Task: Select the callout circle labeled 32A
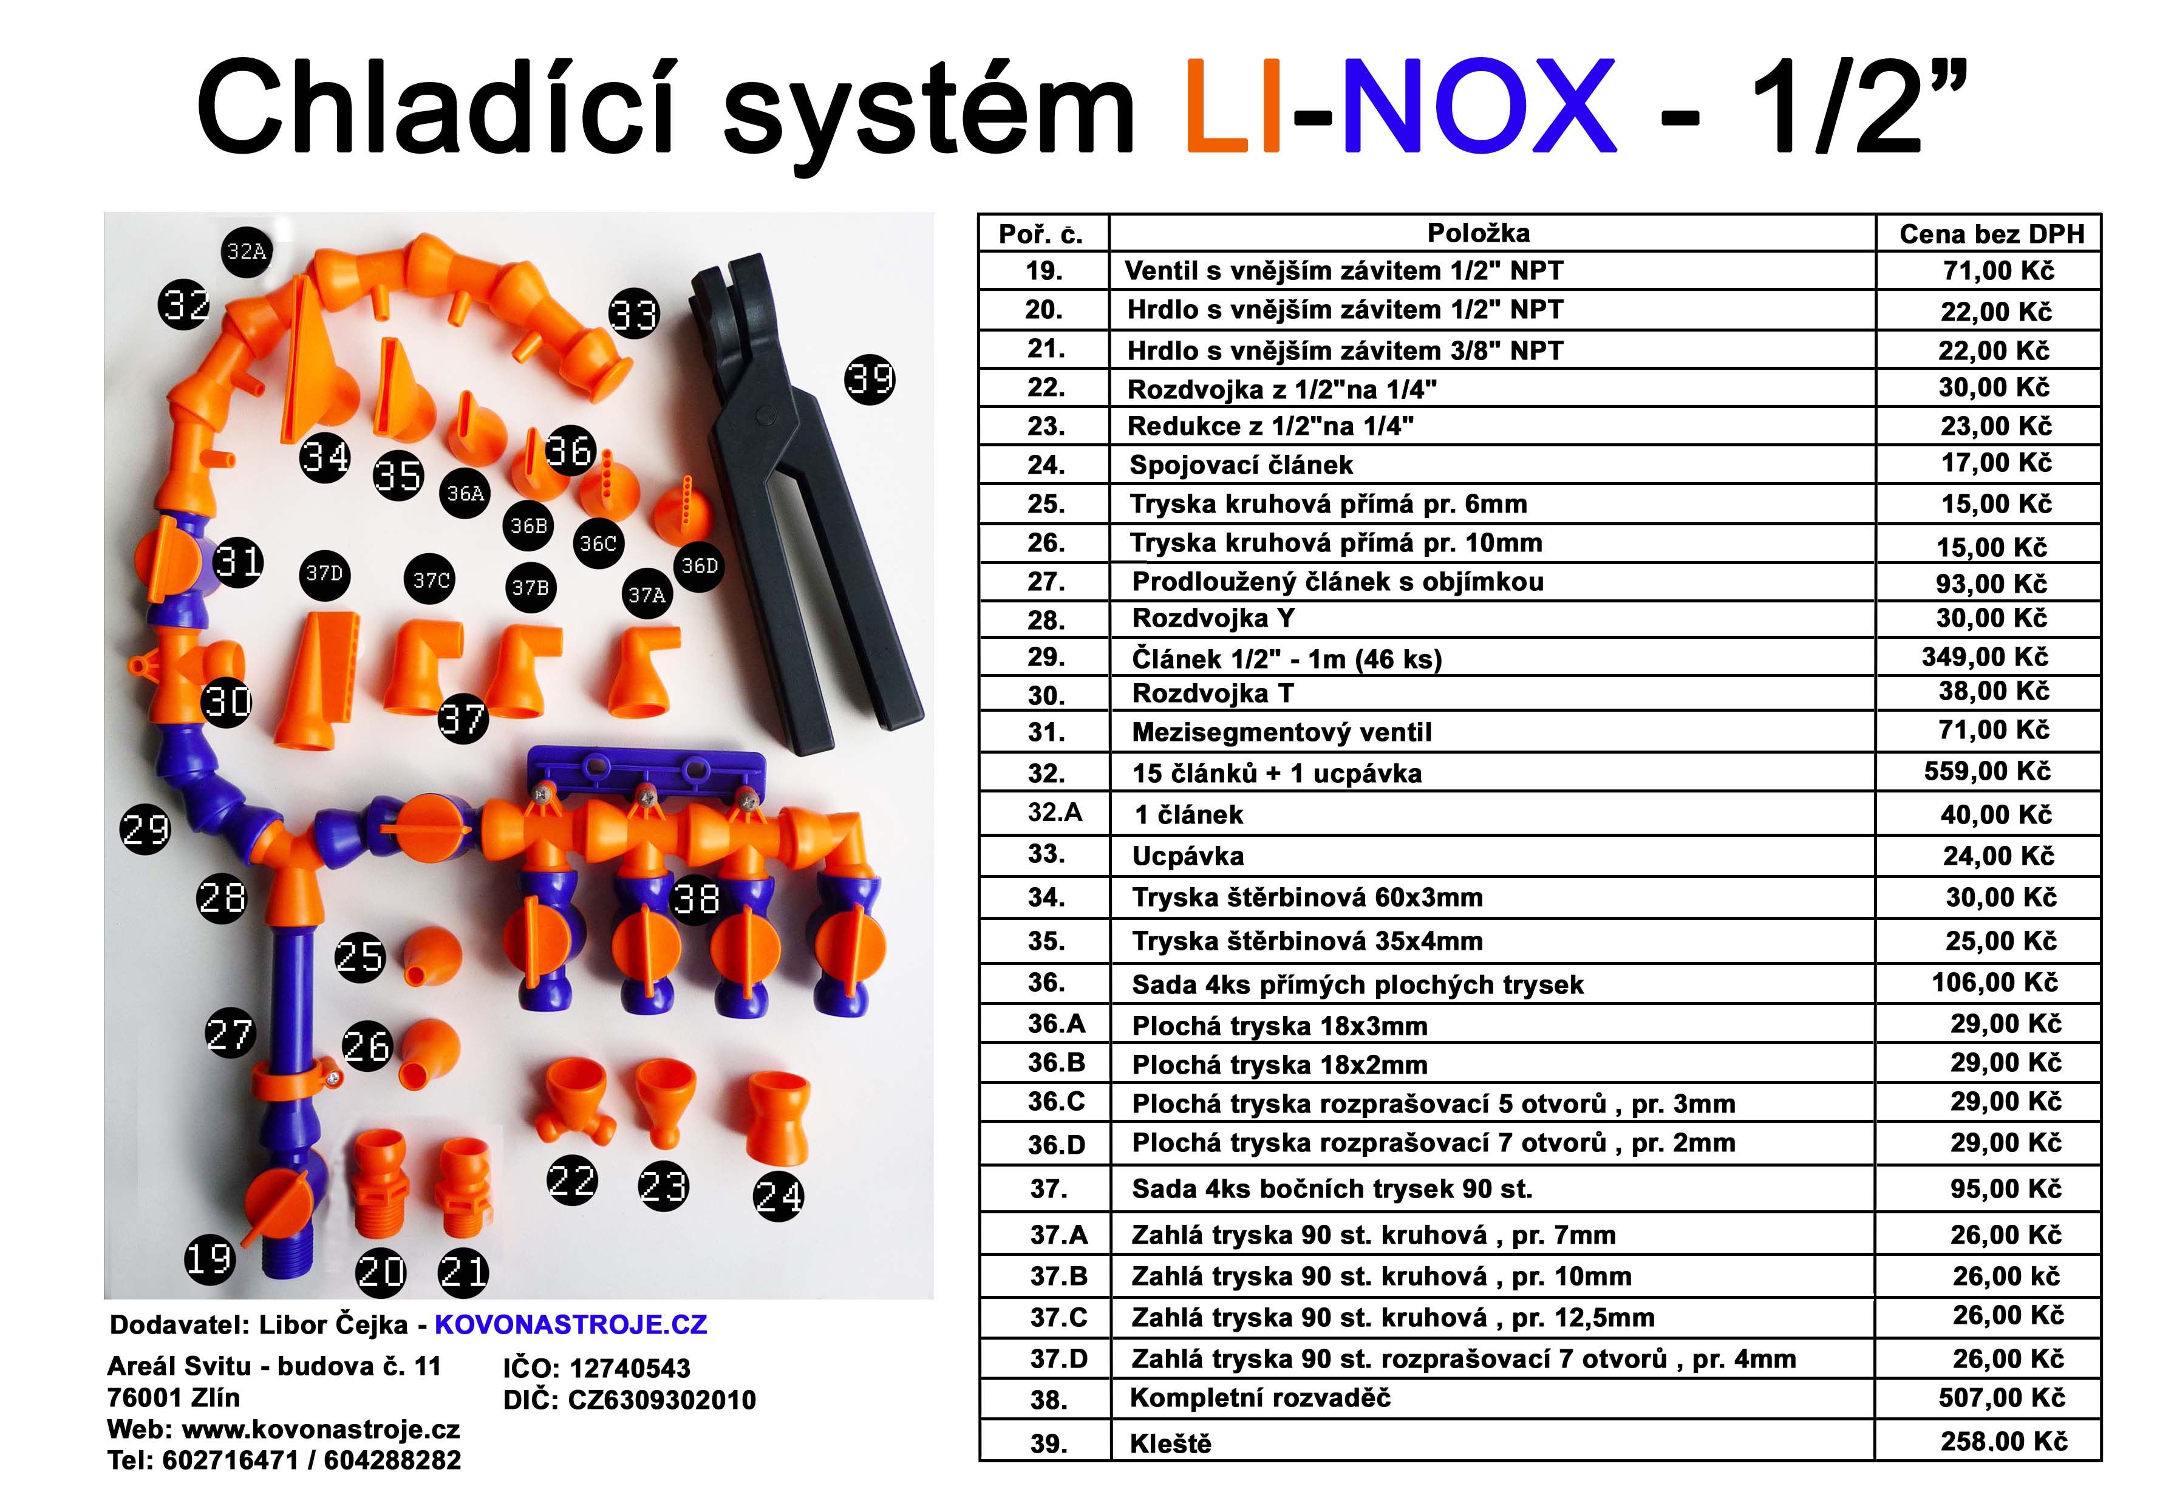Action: (x=247, y=251)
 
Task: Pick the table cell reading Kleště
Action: (x=1170, y=1443)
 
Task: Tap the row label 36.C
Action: (x=1056, y=1101)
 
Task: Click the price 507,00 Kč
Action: (x=2002, y=1397)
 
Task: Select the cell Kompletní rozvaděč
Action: (x=1259, y=1397)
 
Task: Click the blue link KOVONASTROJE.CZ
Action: (x=570, y=1325)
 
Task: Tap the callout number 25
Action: (x=361, y=957)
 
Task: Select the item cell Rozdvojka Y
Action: (x=1213, y=618)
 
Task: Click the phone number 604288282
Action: (x=392, y=1460)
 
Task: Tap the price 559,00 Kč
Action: (x=1987, y=771)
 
